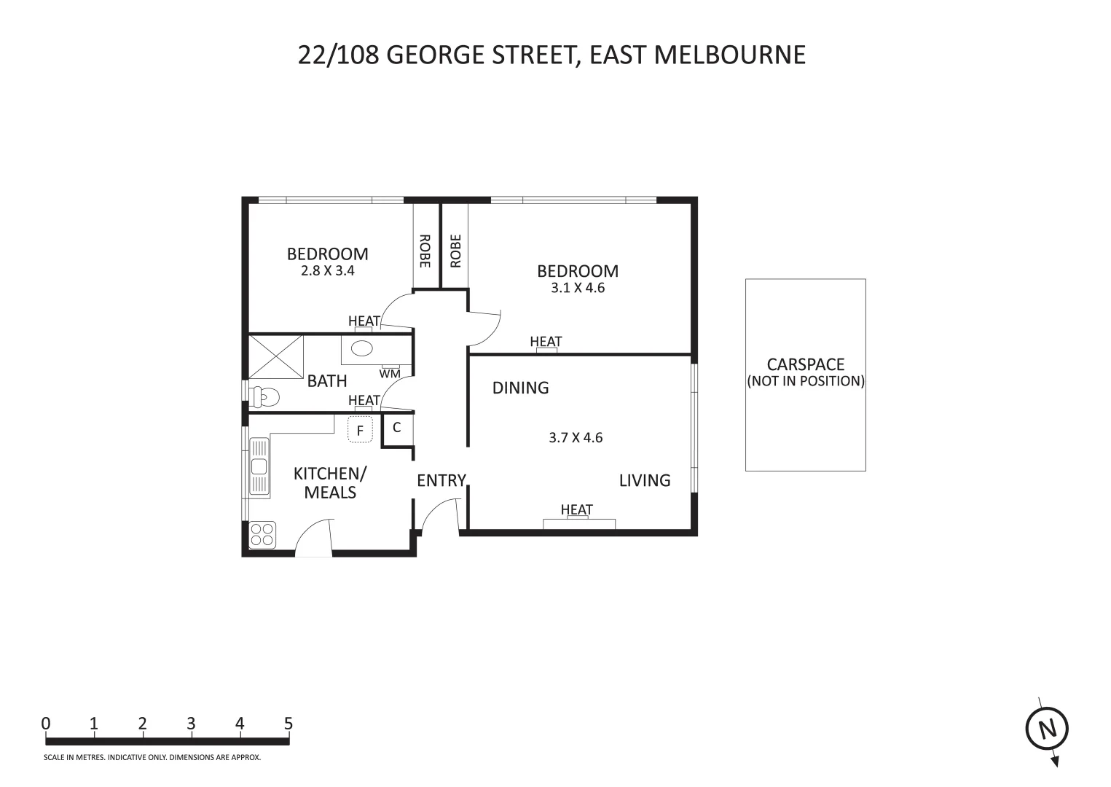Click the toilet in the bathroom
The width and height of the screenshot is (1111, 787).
tap(264, 397)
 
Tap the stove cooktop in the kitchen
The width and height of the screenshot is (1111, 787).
tap(262, 535)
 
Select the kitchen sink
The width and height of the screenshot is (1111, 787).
tap(259, 466)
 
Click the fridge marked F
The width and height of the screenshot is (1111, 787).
tap(360, 430)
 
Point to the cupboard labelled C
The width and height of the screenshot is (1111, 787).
tap(397, 428)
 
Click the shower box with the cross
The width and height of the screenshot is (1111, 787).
tap(276, 356)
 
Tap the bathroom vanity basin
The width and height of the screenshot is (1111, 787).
tap(361, 349)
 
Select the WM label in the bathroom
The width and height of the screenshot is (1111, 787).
tap(390, 374)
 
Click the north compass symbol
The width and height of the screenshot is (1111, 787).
tap(1047, 729)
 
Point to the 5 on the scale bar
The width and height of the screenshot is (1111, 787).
tap(288, 724)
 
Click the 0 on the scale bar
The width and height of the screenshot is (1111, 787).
tap(46, 724)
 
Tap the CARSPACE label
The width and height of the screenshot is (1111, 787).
tap(805, 364)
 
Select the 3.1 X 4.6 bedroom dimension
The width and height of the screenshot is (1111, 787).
tap(578, 288)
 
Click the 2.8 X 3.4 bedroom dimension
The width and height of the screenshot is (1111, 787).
tap(327, 270)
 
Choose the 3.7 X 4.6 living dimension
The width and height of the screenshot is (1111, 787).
tap(575, 438)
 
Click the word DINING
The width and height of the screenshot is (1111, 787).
tap(520, 388)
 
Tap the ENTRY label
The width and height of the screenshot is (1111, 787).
tap(441, 480)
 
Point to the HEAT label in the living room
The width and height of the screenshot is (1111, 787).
tap(576, 509)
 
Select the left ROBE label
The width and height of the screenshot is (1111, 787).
tap(425, 251)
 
